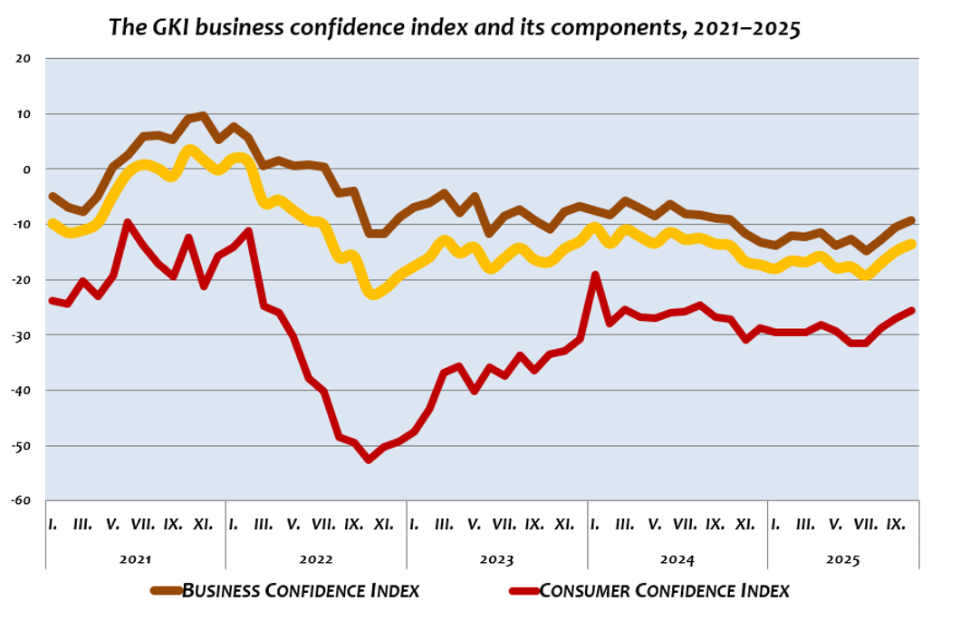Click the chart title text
pyautogui.click(x=455, y=26)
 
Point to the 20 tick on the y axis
pyautogui.click(x=24, y=59)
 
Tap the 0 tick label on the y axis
pyautogui.click(x=27, y=170)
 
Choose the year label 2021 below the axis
pyautogui.click(x=135, y=558)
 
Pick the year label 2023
pyautogui.click(x=496, y=558)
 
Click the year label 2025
pyautogui.click(x=842, y=558)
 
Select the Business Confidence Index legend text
pyautogui.click(x=301, y=591)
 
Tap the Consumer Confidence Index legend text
pyautogui.click(x=665, y=591)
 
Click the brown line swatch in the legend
pyautogui.click(x=166, y=591)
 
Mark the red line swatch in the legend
pyautogui.click(x=523, y=591)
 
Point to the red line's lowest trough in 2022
pyautogui.click(x=369, y=460)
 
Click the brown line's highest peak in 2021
pyautogui.click(x=203, y=116)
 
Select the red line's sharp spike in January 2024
pyautogui.click(x=595, y=275)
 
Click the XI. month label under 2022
pyautogui.click(x=383, y=524)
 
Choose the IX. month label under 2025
pyautogui.click(x=896, y=524)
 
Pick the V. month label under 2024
pyautogui.click(x=655, y=524)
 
